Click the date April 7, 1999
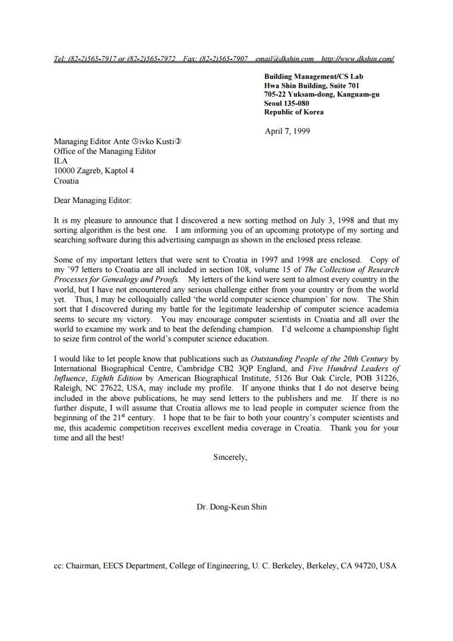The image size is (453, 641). pyautogui.click(x=287, y=131)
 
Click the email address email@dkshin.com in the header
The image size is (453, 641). pyautogui.click(x=284, y=58)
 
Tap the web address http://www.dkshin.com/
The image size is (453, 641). pyautogui.click(x=357, y=58)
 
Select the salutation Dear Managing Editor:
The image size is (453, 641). pyautogui.click(x=92, y=201)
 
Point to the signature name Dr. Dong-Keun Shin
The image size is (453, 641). pyautogui.click(x=232, y=507)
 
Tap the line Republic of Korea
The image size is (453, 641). pyautogui.click(x=294, y=112)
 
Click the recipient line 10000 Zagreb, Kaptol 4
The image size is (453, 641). pyautogui.click(x=94, y=171)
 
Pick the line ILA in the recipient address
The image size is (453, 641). pyautogui.click(x=61, y=161)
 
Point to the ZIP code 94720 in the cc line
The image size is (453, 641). pyautogui.click(x=364, y=566)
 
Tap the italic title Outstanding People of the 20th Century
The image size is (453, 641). pyautogui.click(x=319, y=359)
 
